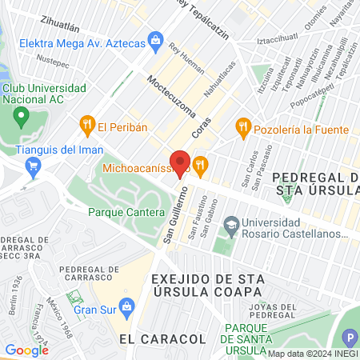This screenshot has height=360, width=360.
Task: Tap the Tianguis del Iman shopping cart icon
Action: click(34, 167)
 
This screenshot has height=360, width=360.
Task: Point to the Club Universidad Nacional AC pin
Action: click(21, 119)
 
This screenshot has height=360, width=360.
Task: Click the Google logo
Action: click(26, 350)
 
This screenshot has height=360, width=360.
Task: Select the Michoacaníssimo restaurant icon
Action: click(201, 166)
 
